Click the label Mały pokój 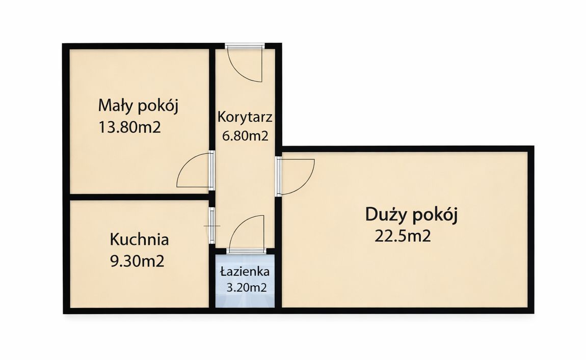tap(139, 106)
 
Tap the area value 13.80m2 tap(129, 126)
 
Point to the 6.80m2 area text tap(245, 135)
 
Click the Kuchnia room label tap(139, 239)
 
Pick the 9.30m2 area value tap(137, 261)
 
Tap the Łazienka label tap(245, 271)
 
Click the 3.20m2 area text tap(247, 288)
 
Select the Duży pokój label tap(411, 215)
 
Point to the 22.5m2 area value tap(403, 236)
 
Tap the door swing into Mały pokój tap(193, 171)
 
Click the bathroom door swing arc tap(247, 232)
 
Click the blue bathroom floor tap(245, 300)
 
